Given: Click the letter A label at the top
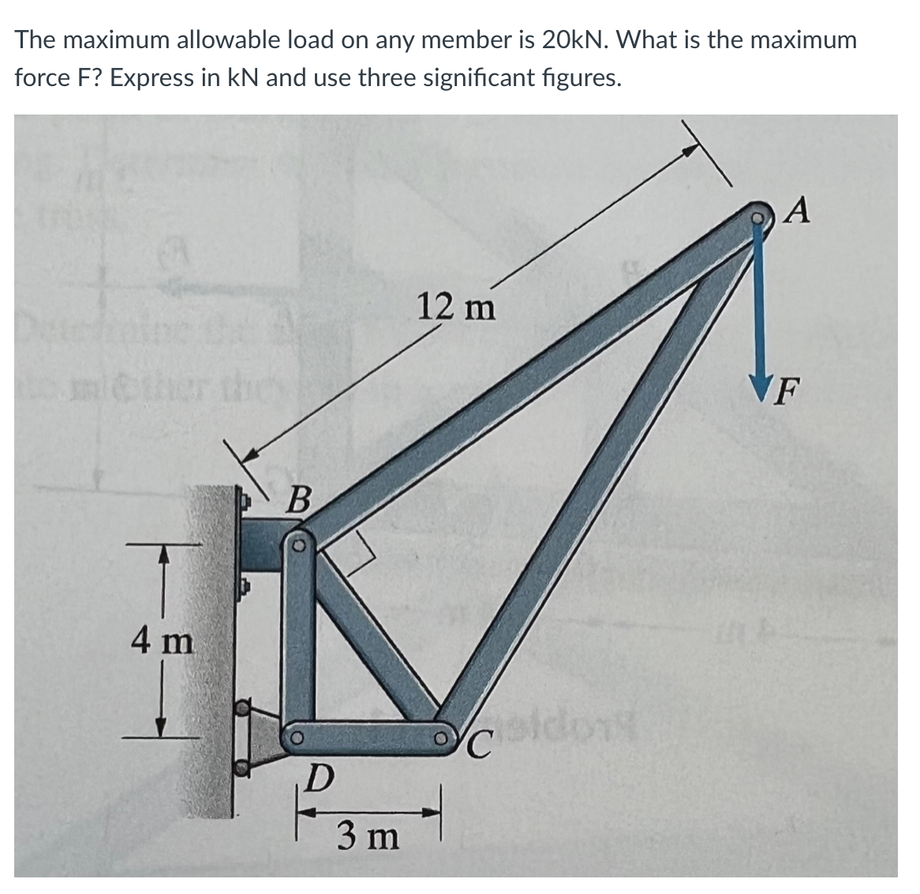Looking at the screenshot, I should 799,211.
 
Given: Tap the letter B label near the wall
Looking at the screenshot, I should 299,500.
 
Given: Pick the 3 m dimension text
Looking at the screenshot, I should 368,836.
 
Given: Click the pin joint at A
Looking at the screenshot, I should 759,215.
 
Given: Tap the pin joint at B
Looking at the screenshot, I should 300,545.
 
